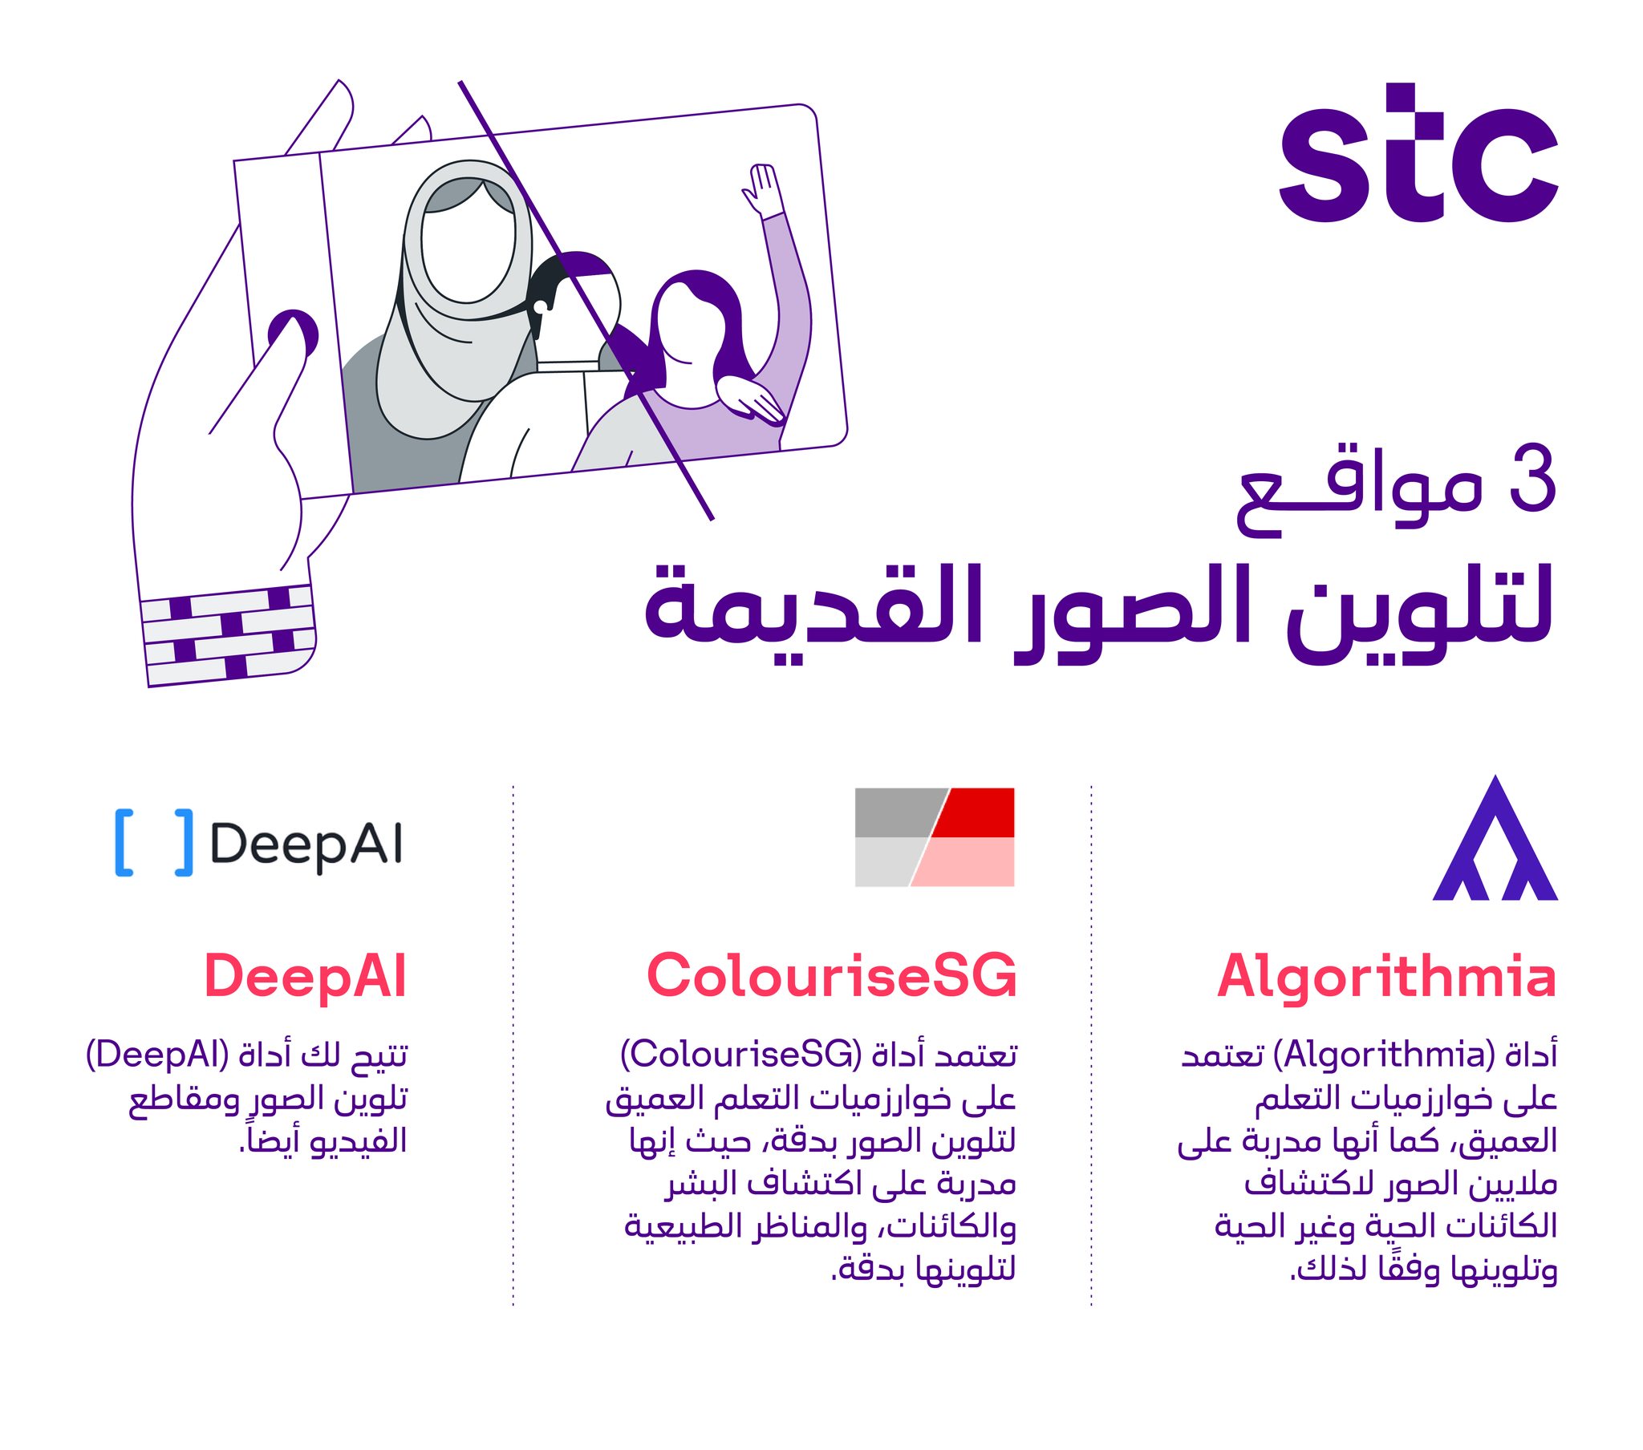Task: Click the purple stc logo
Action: (x=1418, y=152)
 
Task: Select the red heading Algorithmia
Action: (x=1386, y=977)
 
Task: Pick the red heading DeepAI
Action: (x=306, y=977)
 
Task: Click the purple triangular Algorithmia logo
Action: (x=1495, y=837)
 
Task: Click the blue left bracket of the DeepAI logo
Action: (x=124, y=842)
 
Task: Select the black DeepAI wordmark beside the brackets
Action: (x=306, y=844)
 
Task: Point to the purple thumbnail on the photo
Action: (x=293, y=334)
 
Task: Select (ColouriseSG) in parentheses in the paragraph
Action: (x=740, y=1055)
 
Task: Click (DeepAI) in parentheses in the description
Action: (x=157, y=1055)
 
